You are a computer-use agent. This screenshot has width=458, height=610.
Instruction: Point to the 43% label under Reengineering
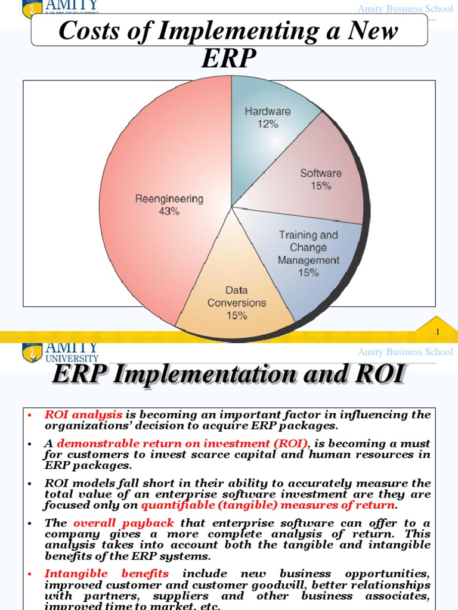(169, 211)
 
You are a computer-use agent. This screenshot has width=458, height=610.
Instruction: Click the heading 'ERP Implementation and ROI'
(229, 375)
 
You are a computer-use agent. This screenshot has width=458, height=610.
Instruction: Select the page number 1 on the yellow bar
(438, 332)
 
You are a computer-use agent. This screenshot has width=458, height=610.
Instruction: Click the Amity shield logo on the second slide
(32, 352)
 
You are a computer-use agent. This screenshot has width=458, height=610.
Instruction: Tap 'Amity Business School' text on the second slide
(405, 352)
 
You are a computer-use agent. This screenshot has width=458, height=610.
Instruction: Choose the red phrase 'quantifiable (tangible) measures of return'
(268, 505)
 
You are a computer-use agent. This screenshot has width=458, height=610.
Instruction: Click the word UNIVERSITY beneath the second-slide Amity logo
(72, 359)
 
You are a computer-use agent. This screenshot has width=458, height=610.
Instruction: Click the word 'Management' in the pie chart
(308, 260)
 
